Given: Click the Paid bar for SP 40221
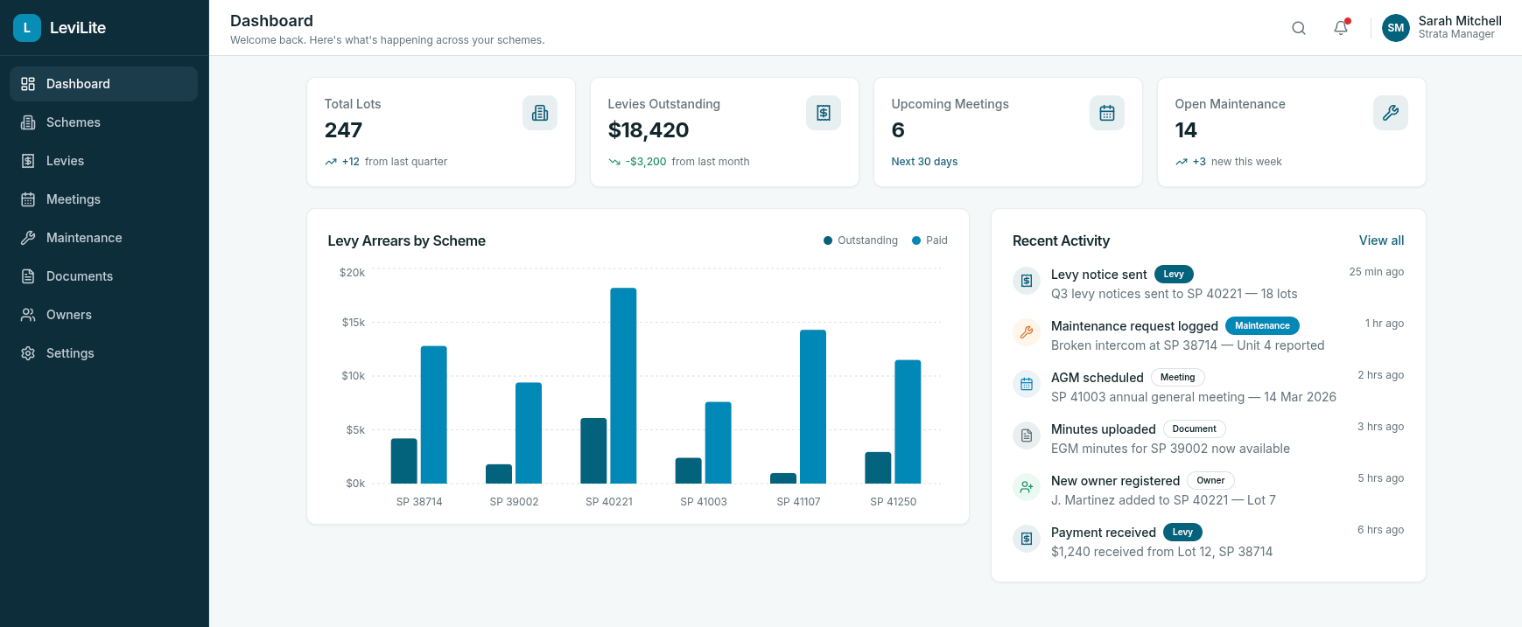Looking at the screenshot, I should (x=623, y=386).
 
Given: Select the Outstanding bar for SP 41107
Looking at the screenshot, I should (x=783, y=478).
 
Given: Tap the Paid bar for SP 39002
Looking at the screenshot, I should (x=529, y=433).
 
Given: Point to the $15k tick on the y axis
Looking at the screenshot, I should (x=354, y=323).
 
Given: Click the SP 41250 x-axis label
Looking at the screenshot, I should (x=893, y=502).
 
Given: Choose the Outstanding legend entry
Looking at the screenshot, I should (x=860, y=240).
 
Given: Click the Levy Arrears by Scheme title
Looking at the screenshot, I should (x=406, y=240).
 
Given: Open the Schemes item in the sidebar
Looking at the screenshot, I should (x=74, y=122).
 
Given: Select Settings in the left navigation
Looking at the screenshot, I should (x=70, y=353).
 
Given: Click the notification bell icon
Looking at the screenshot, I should (x=1341, y=28).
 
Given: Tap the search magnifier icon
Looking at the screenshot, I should (x=1299, y=28).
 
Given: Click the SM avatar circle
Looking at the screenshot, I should (x=1395, y=28).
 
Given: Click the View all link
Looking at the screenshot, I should (x=1381, y=240).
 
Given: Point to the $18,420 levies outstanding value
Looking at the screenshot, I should (x=649, y=130).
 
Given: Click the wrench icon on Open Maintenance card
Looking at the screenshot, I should (x=1390, y=113).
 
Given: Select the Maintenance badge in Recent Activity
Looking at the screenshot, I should (x=1262, y=325).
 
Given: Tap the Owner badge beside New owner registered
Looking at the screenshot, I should (x=1210, y=480).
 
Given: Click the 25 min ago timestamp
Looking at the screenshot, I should (x=1376, y=272).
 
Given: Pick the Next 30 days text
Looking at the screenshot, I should (x=924, y=162).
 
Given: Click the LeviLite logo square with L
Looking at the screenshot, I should (x=27, y=28).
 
